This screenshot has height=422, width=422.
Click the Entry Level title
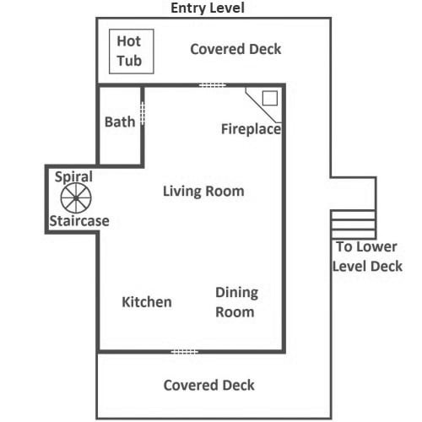click(208, 8)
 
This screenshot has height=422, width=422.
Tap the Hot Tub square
click(132, 51)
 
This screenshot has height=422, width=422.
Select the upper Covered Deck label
click(235, 49)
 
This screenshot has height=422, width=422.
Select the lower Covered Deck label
click(209, 385)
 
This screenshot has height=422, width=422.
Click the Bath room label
click(120, 122)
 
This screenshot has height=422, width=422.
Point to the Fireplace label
click(251, 129)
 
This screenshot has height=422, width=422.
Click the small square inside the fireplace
click(270, 98)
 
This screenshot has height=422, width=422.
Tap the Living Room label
click(203, 192)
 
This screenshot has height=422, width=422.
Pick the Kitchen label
click(147, 302)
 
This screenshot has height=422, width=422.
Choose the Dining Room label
click(236, 302)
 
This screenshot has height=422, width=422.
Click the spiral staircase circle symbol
click(76, 197)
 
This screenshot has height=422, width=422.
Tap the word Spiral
click(73, 177)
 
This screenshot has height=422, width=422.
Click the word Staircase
click(79, 221)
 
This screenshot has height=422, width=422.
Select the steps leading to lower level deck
click(353, 225)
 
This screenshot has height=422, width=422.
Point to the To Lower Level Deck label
click(367, 257)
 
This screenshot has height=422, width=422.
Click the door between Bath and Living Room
click(143, 114)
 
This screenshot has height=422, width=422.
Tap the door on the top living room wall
click(213, 85)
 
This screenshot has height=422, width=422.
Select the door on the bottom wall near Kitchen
click(185, 352)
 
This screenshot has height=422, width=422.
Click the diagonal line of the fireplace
click(262, 105)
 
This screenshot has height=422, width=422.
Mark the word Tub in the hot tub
click(129, 61)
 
